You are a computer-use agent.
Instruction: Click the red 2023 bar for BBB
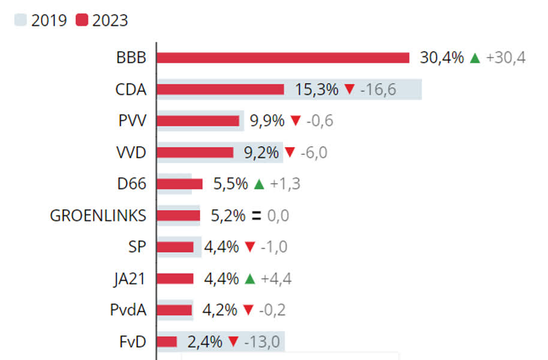coord(282,58)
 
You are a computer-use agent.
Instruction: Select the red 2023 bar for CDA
coord(220,89)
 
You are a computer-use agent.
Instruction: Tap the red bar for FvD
coord(167,342)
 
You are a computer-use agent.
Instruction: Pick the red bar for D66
coord(179,184)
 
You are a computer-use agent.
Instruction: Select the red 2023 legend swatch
coord(82,20)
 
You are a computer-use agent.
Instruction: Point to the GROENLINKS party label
coord(98,215)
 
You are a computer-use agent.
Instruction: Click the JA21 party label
coord(129,278)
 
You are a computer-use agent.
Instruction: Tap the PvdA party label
coord(128,310)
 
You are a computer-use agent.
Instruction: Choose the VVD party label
coord(131,152)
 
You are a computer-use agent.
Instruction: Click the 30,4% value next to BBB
coord(442,58)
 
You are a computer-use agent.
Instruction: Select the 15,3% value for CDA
coord(317,89)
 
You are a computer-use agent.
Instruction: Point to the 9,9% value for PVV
coord(267,121)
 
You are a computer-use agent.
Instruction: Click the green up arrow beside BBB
coord(475,58)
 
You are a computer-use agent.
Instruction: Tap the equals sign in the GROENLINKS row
coord(256,216)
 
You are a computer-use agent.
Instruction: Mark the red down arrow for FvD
coord(234,342)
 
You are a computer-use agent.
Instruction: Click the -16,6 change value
coord(378,89)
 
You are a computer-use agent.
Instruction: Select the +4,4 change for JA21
coord(276,278)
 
